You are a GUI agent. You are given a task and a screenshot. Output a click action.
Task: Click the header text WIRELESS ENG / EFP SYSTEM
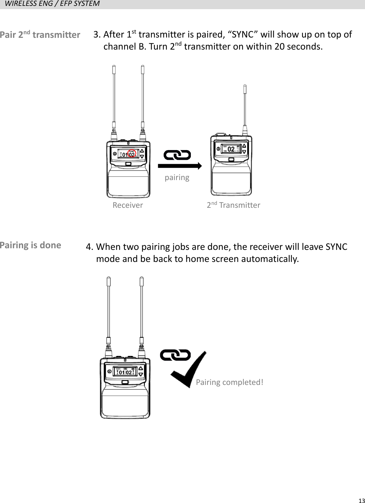pos(52,4)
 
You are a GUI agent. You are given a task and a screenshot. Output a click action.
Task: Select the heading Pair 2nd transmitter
pos(40,35)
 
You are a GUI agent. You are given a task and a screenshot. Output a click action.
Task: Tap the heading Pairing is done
pos(31,245)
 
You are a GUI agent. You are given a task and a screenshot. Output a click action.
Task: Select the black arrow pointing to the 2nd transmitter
pos(180,166)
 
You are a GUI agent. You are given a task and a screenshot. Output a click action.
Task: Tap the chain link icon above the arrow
pos(177,155)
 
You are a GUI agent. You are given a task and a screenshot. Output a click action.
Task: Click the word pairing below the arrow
pos(177,177)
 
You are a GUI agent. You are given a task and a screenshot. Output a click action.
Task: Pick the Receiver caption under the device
pos(128,205)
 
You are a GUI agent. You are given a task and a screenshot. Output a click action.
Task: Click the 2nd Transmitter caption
pos(234,205)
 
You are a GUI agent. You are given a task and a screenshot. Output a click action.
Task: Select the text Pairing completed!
pos(230,382)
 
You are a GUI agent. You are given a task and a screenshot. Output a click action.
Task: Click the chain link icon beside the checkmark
pos(175,355)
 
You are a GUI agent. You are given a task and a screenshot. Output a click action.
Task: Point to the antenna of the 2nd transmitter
pos(245,108)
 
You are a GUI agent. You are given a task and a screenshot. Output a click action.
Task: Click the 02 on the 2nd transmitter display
pos(231,149)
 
